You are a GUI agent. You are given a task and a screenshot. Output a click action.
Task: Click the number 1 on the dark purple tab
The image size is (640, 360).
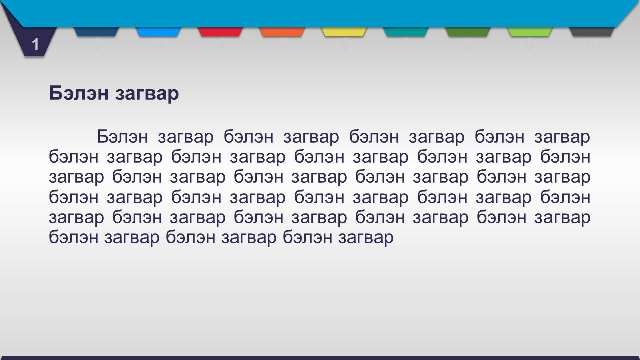35,45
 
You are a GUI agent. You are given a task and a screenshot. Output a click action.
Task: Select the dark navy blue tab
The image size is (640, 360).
96,31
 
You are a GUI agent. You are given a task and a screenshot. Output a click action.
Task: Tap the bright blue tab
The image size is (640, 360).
158,31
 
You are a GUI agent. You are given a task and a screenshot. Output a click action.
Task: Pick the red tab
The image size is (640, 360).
220,31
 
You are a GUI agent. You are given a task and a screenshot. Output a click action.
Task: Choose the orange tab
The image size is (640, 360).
282,31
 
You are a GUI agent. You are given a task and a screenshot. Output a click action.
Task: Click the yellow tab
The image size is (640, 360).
344,31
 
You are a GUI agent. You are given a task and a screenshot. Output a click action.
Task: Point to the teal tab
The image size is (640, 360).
406,31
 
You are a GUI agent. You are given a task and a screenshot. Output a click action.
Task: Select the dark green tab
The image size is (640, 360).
468,31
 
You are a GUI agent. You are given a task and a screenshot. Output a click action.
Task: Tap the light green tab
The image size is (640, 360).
530,31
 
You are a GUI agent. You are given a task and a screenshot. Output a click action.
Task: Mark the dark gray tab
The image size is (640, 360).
592,31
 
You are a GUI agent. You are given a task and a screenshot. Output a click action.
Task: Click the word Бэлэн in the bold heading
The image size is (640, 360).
79,93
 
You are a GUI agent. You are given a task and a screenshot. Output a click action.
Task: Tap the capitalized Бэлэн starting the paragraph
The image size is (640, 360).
123,137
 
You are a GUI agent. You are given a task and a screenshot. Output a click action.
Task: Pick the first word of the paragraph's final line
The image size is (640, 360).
74,237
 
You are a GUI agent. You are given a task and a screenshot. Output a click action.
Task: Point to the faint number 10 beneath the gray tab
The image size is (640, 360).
592,45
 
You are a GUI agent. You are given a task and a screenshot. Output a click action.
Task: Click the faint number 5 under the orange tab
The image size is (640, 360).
282,45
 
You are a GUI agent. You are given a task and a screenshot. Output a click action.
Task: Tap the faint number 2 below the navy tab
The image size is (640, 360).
97,45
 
